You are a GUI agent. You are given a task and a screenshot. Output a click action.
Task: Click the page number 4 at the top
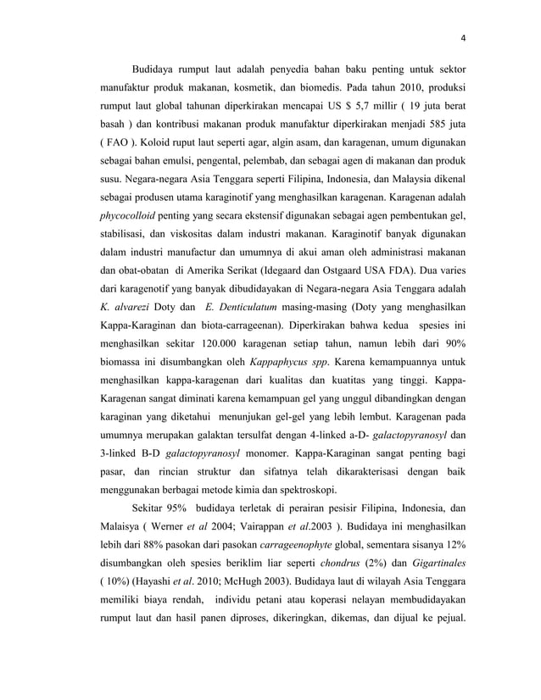pos(464,36)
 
